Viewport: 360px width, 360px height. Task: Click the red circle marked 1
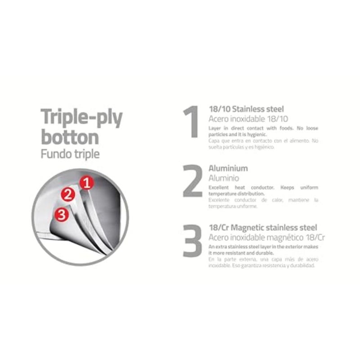pyautogui.click(x=87, y=183)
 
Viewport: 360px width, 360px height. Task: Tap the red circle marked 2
pyautogui.click(x=68, y=194)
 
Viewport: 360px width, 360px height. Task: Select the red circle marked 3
pyautogui.click(x=62, y=215)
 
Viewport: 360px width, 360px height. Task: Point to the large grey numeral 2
pyautogui.click(x=193, y=181)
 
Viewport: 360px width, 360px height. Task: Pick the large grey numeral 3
pyautogui.click(x=193, y=240)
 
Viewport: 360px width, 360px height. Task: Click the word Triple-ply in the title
pyautogui.click(x=81, y=117)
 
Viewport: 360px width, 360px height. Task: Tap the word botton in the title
pyautogui.click(x=70, y=137)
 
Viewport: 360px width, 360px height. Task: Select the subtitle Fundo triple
pyautogui.click(x=70, y=154)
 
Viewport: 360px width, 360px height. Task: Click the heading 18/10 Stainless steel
pyautogui.click(x=246, y=109)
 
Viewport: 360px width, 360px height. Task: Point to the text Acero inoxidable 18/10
pyautogui.click(x=248, y=119)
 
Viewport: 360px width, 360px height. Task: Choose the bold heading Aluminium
pyautogui.click(x=228, y=168)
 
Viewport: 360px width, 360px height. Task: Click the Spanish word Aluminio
pyautogui.click(x=224, y=178)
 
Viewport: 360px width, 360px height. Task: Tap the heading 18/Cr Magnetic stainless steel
pyautogui.click(x=263, y=228)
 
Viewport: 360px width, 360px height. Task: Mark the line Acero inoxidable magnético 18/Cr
pyautogui.click(x=266, y=238)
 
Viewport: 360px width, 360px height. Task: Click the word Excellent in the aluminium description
pyautogui.click(x=219, y=187)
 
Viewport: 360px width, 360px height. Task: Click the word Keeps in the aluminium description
pyautogui.click(x=287, y=188)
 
